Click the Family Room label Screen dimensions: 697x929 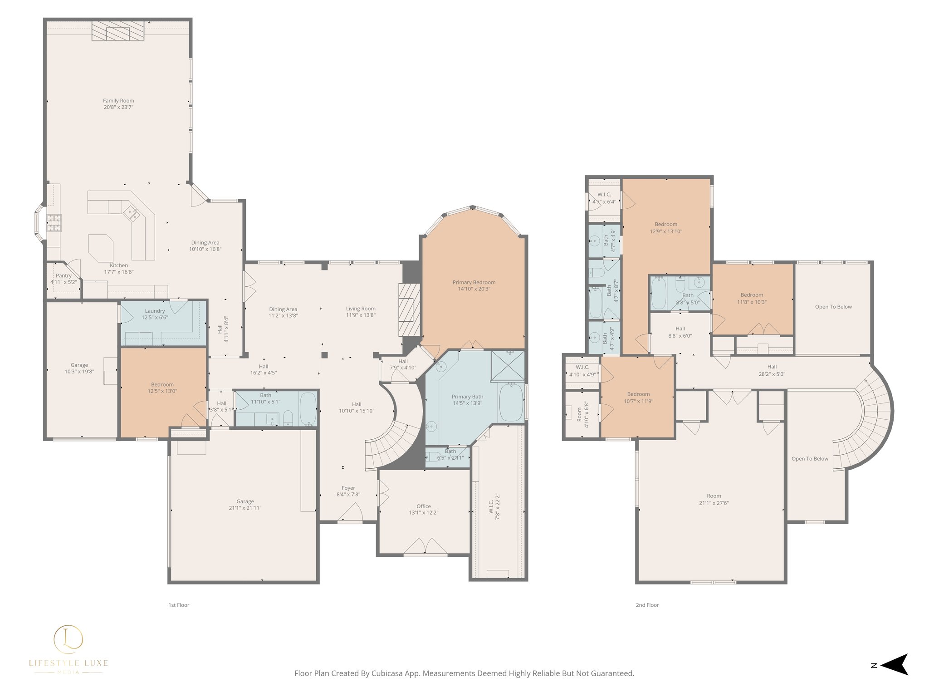(118, 101)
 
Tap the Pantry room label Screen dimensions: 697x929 (64, 275)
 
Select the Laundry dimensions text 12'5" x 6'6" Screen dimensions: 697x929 (155, 317)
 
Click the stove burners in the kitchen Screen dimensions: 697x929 (54, 223)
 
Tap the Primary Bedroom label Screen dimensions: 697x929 (474, 282)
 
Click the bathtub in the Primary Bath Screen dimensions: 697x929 (511, 402)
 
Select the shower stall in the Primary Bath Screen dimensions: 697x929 (508, 365)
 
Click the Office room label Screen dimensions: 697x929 (424, 506)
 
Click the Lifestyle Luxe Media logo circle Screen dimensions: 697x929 (68, 639)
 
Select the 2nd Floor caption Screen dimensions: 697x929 (647, 605)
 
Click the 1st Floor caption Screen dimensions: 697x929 (179, 605)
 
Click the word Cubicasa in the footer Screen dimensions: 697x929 (388, 673)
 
